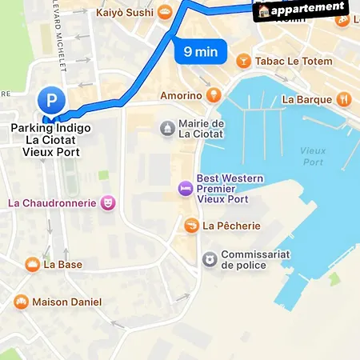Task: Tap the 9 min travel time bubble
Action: (x=200, y=52)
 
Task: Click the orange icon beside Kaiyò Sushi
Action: (x=164, y=11)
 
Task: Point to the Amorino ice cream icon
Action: (x=213, y=95)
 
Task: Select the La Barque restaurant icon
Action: (x=344, y=99)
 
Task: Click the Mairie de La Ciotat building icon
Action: (x=167, y=128)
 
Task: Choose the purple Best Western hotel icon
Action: (x=185, y=188)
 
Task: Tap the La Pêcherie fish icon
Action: (x=191, y=226)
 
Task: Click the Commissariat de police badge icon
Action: (x=209, y=259)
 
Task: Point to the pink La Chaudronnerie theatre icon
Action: (x=107, y=202)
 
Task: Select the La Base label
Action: (x=63, y=264)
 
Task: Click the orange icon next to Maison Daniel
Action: (x=21, y=302)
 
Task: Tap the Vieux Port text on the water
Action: (x=313, y=155)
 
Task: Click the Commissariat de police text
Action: (x=255, y=259)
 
